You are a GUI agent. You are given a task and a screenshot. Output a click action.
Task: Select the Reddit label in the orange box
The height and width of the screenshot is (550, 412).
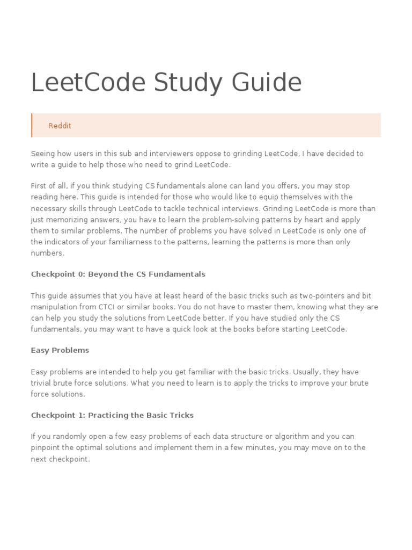[x=60, y=126]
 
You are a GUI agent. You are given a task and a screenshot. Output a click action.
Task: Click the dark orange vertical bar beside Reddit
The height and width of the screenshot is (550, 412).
[x=32, y=125]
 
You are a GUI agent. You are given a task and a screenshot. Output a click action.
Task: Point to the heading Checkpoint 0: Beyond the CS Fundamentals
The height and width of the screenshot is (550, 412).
[x=118, y=274]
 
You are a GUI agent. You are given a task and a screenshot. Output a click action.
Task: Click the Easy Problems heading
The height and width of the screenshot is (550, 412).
[x=60, y=350]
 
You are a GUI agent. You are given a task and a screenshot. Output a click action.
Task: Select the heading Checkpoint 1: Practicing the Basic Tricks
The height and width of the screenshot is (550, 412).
[x=112, y=415]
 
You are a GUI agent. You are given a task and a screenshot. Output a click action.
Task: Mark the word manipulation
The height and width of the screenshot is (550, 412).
[x=53, y=307]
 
